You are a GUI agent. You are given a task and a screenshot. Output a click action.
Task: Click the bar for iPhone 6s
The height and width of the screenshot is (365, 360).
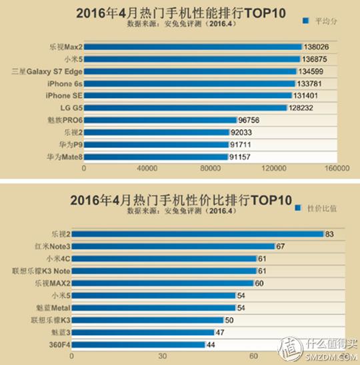pos(189,83)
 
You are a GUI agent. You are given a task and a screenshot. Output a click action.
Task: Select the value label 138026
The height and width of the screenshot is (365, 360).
pos(317,47)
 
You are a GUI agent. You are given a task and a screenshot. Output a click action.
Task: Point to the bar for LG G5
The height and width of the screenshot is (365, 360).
pos(185,107)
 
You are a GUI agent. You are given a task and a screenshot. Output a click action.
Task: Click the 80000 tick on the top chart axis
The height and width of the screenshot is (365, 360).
pos(211,169)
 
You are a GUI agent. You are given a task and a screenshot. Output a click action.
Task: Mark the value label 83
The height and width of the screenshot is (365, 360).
pos(329,234)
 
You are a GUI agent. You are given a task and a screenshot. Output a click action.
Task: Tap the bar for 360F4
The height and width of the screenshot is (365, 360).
pos(143,344)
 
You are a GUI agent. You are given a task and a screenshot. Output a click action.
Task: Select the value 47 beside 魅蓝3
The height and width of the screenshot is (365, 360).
pos(219,332)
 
